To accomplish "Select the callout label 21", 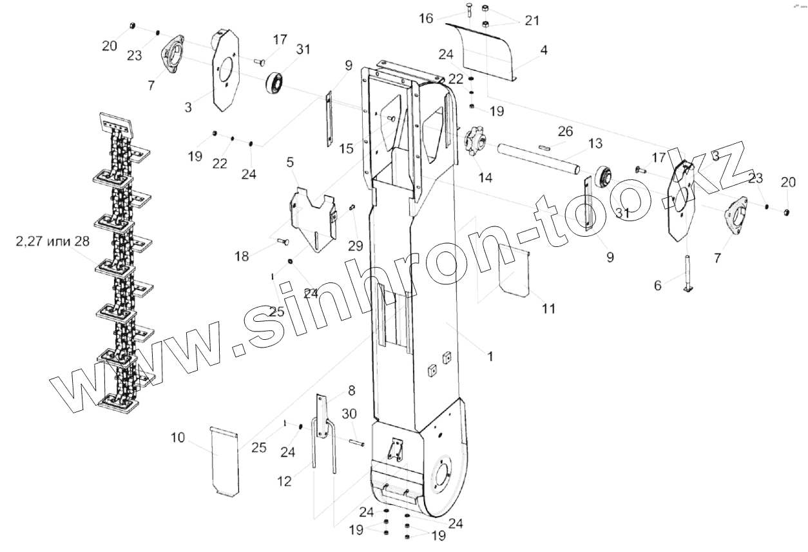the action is click(532, 21).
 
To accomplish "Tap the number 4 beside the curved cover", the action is click(544, 50).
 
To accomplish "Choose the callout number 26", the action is click(564, 132).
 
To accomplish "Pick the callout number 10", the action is click(178, 438).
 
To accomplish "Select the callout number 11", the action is click(548, 309).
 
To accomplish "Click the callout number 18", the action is click(242, 256).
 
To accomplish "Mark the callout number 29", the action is click(355, 245).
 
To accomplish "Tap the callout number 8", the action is click(351, 390).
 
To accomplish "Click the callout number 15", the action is click(347, 148).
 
